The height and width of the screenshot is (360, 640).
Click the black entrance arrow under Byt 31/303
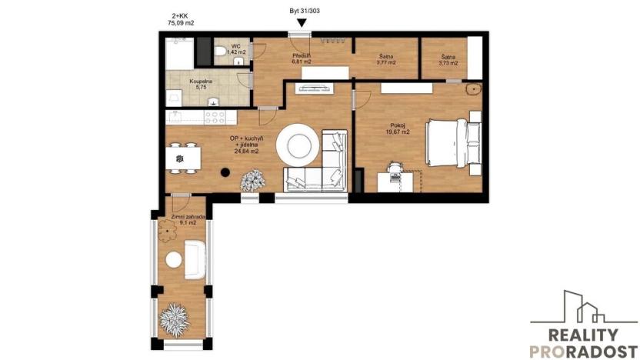pos(302,23)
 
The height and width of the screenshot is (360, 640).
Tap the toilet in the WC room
pos(220,52)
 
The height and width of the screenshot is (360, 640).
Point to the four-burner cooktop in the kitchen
pos(213,117)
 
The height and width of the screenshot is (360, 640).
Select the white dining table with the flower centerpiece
pos(180,159)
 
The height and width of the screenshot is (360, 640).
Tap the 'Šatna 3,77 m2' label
pos(386,59)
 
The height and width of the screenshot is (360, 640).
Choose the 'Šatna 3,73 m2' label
pos(448,59)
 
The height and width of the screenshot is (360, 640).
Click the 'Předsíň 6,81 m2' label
pos(301,59)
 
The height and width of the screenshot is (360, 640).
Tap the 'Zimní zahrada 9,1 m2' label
pos(183,222)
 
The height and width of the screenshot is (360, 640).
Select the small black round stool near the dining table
pos(225,172)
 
